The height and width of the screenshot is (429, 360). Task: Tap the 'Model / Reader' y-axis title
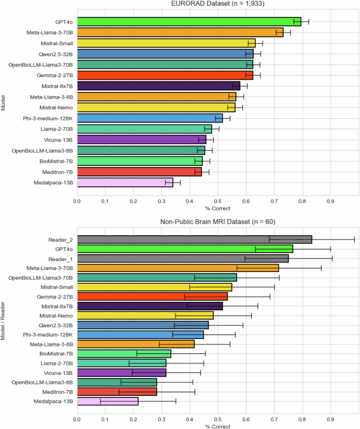[4, 320]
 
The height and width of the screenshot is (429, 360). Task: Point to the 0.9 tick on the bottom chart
[331, 420]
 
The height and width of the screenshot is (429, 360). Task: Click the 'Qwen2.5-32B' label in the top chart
[55, 54]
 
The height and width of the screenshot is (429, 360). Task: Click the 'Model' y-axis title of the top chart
[4, 102]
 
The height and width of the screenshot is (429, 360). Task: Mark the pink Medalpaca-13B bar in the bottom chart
[108, 401]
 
